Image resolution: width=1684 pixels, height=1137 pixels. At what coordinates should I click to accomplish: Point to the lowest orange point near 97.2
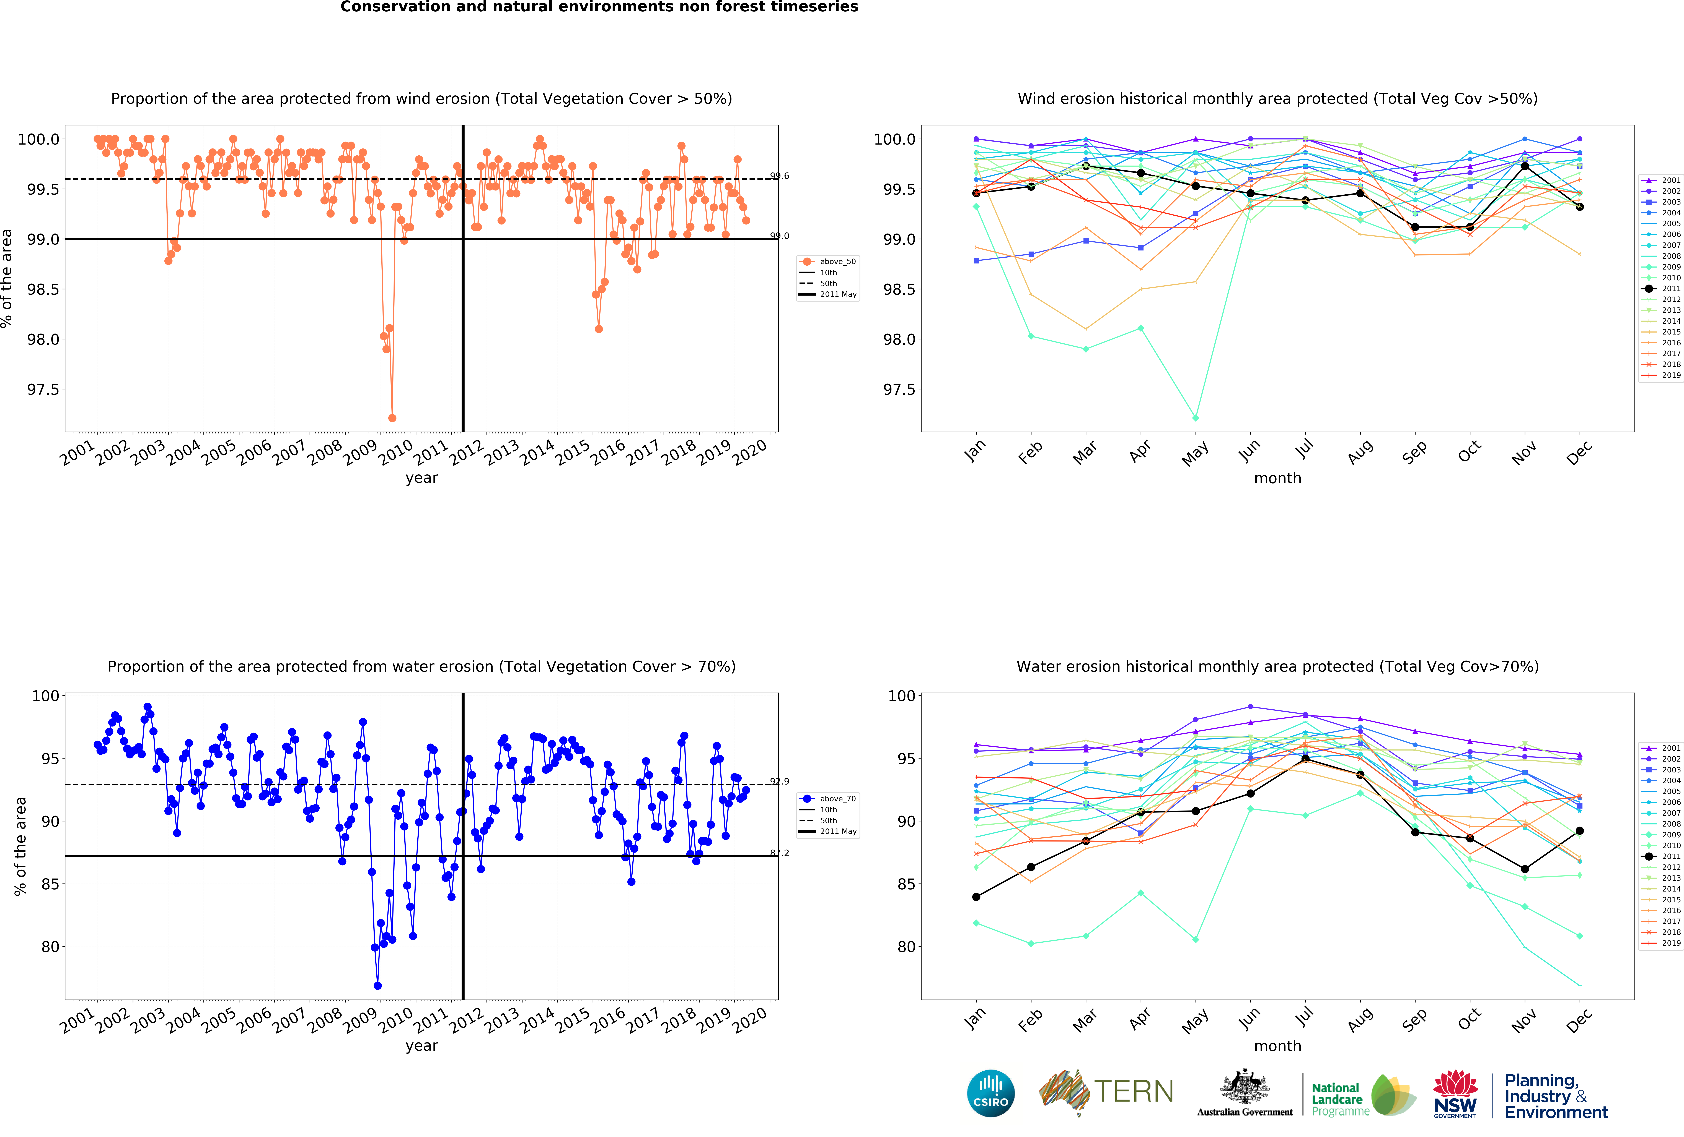click(x=392, y=418)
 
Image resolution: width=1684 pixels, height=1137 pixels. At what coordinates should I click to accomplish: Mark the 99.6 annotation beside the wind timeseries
click(x=779, y=176)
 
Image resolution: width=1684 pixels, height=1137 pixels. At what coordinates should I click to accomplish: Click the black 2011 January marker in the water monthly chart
click(x=976, y=896)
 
